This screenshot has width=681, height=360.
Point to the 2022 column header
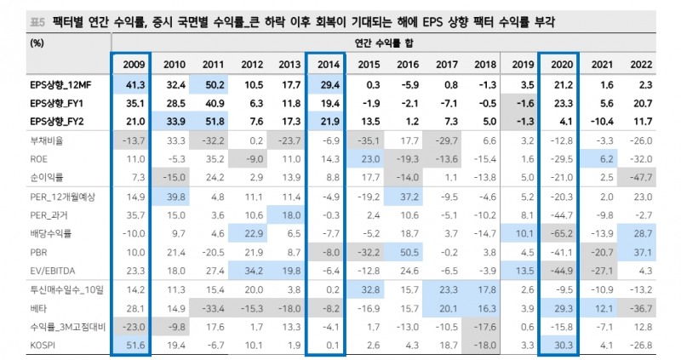[x=642, y=64]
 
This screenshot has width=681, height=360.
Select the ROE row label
[x=40, y=159]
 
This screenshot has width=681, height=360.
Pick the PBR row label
[x=39, y=253]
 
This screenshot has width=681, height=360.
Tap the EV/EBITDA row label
[x=51, y=270]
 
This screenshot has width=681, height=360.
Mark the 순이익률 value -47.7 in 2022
[x=640, y=176]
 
